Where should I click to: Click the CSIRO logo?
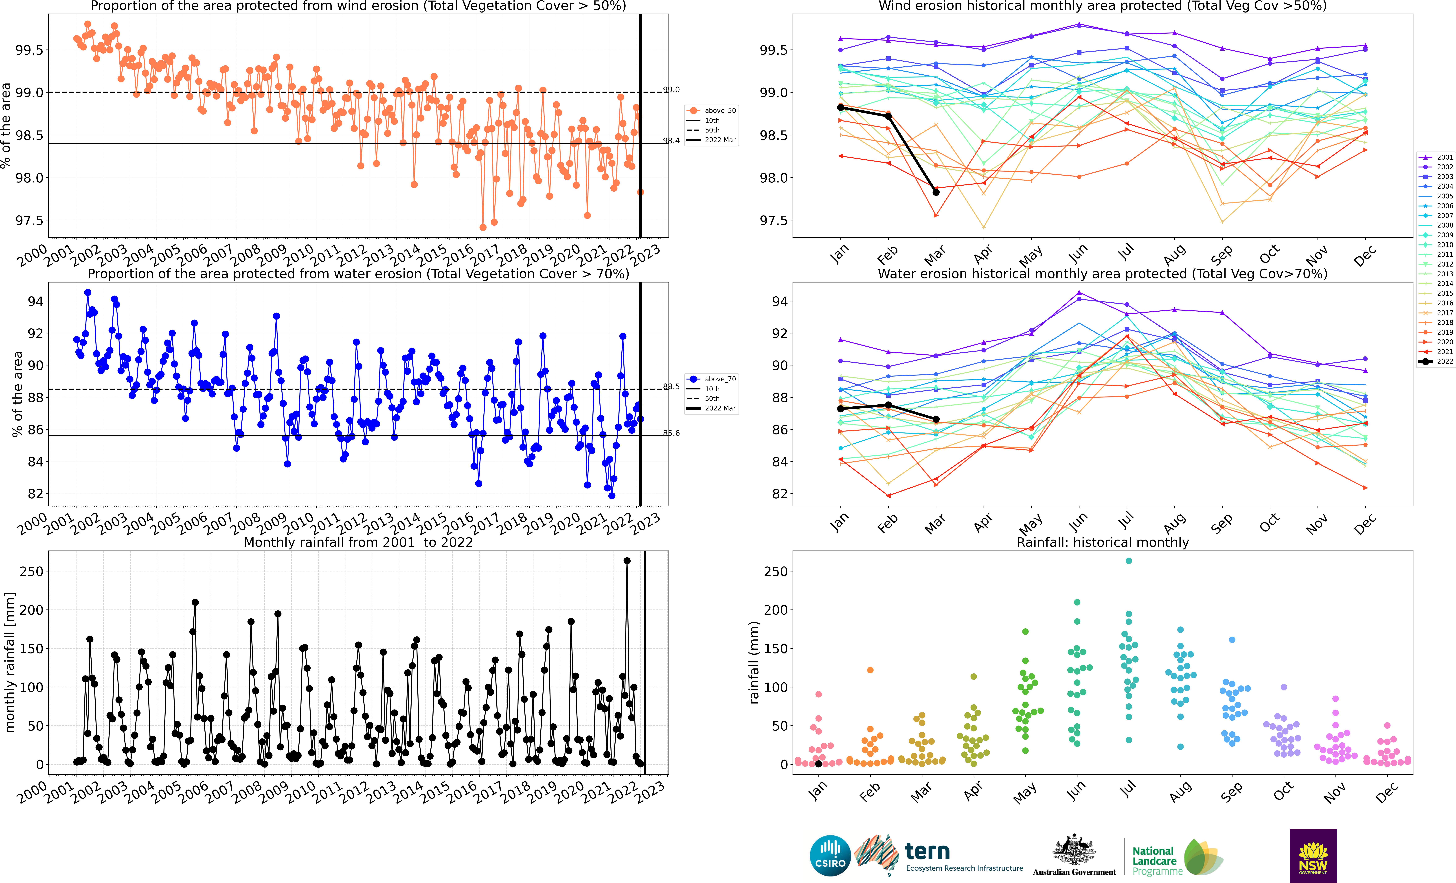[x=830, y=855]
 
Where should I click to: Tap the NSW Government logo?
[x=1313, y=855]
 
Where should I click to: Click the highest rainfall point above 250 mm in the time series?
[x=627, y=561]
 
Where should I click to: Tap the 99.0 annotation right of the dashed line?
[x=671, y=90]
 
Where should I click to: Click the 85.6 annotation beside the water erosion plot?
[x=671, y=433]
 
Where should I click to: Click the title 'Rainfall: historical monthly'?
[x=1103, y=542]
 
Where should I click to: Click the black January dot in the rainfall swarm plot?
[x=818, y=764]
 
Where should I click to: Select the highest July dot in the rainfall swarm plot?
[x=1129, y=561]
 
